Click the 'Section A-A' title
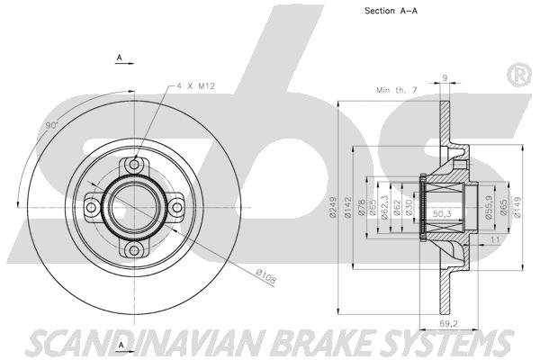pyautogui.click(x=391, y=11)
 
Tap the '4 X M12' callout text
pyautogui.click(x=196, y=86)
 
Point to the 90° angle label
pyautogui.click(x=52, y=126)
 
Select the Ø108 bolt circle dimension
pyautogui.click(x=265, y=277)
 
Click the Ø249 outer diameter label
pyautogui.click(x=333, y=207)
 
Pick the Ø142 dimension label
pyautogui.click(x=347, y=207)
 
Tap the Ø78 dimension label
pyautogui.click(x=361, y=207)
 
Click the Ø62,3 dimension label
pyautogui.click(x=385, y=207)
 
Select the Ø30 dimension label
pyautogui.click(x=409, y=207)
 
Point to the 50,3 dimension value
pyautogui.click(x=442, y=214)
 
